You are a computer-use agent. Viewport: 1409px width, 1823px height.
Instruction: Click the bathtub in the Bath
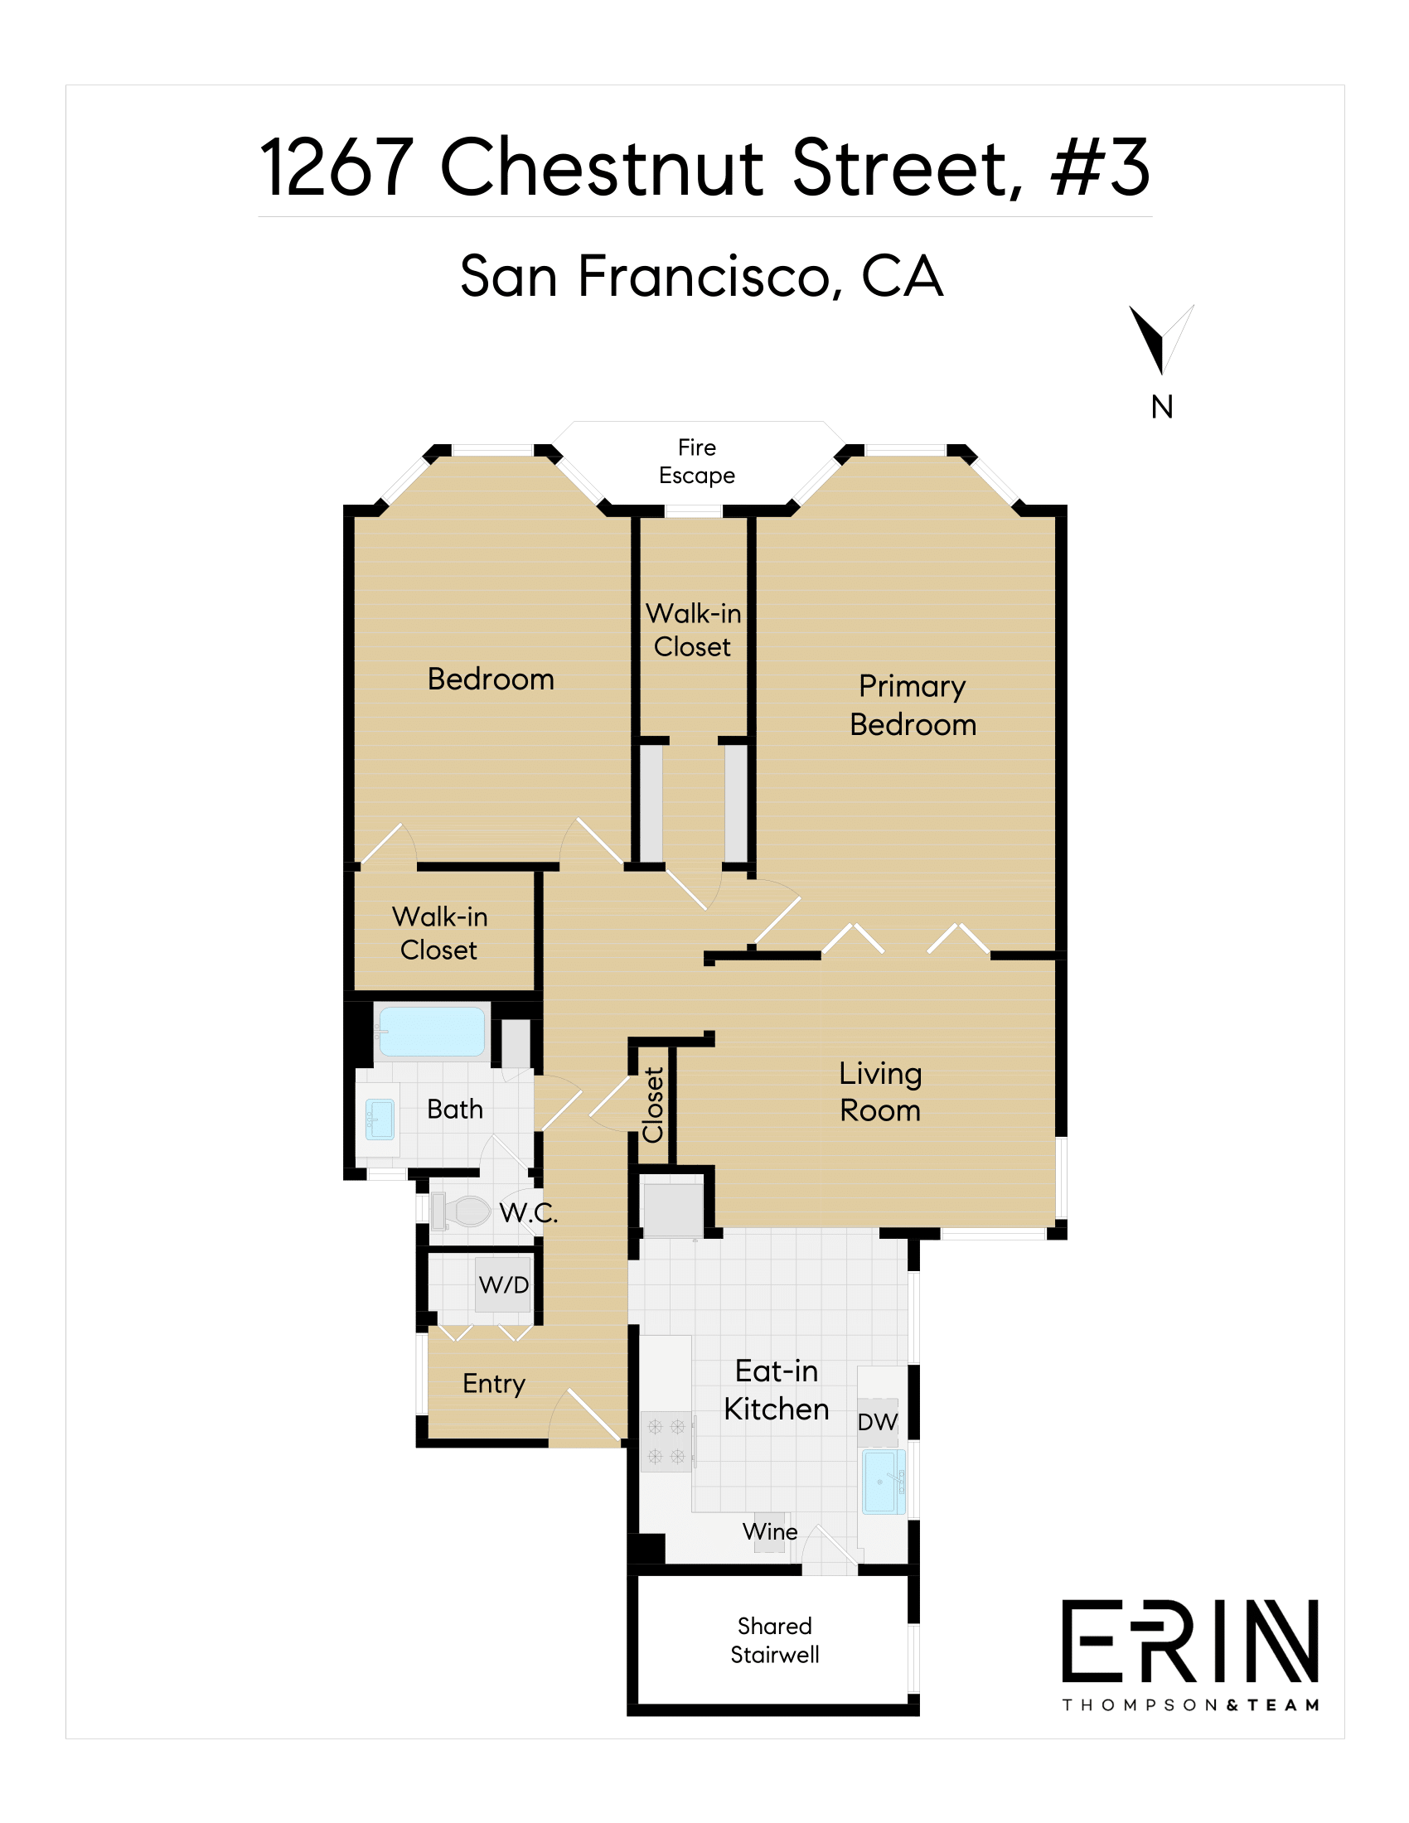[x=432, y=1032]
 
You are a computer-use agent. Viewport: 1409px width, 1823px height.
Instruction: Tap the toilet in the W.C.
[x=462, y=1211]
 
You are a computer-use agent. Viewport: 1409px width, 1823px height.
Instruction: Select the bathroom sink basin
[x=380, y=1119]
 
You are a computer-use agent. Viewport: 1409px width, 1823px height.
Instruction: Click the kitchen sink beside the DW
[x=884, y=1482]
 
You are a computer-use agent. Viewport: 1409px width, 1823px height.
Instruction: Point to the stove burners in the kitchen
[x=666, y=1442]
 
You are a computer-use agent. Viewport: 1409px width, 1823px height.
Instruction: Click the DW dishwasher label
[x=877, y=1422]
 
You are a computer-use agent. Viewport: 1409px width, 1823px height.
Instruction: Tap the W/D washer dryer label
[x=503, y=1284]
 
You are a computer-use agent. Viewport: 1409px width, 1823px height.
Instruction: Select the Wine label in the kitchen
[x=770, y=1531]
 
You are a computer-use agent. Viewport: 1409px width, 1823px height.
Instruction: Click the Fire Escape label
[x=697, y=462]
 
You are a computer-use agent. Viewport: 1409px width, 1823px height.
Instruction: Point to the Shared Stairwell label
[x=775, y=1640]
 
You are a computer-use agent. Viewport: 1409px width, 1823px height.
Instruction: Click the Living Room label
[x=880, y=1092]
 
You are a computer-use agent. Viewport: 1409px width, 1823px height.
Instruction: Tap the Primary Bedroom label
[x=913, y=706]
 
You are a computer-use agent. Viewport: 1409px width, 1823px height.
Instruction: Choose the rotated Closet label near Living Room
[x=653, y=1105]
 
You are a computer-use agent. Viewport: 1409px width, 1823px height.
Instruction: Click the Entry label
[x=494, y=1384]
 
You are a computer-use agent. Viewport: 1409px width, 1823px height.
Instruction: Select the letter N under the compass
[x=1162, y=408]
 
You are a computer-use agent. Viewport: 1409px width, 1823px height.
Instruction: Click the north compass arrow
[x=1161, y=340]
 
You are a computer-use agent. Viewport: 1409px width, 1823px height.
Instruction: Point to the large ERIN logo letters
[x=1190, y=1641]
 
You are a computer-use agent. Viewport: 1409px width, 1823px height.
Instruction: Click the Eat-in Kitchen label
[x=777, y=1390]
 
